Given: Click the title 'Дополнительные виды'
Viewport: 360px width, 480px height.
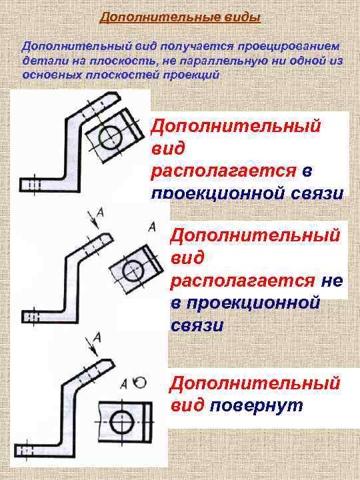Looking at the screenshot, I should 179,17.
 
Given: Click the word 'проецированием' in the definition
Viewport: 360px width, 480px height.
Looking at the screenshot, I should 289,47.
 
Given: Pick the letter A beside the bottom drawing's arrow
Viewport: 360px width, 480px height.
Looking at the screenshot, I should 98,337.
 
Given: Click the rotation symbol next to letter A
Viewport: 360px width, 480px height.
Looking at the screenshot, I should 139,383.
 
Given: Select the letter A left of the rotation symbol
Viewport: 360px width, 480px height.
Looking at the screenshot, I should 125,383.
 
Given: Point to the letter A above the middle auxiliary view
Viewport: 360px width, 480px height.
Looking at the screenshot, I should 153,227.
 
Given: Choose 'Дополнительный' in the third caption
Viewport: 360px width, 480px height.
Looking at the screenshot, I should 255,384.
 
